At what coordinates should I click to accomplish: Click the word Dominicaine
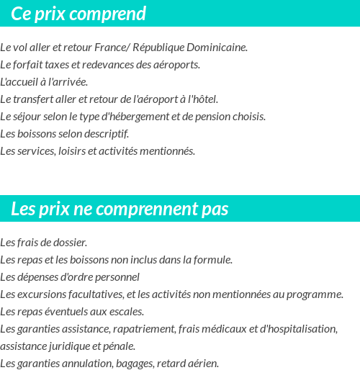(215, 48)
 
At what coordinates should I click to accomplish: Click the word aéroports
(176, 65)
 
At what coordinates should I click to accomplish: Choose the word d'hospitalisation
(292, 329)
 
